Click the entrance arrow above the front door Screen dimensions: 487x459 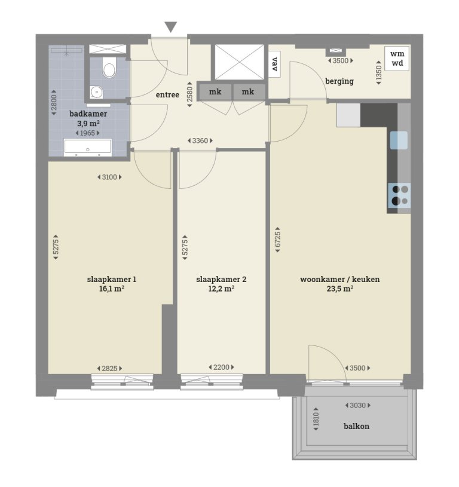[x=171, y=27]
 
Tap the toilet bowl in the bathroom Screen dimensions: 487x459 [x=109, y=70]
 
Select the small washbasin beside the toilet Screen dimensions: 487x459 [x=96, y=92]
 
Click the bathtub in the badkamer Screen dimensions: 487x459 [x=88, y=147]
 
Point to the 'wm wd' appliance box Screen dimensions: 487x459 [x=397, y=58]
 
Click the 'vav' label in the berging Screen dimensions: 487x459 [x=275, y=63]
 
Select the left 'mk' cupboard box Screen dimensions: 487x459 [x=215, y=91]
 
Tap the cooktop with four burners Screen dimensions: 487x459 [x=399, y=195]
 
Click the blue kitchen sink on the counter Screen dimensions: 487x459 [x=399, y=140]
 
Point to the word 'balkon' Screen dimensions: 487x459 [x=356, y=426]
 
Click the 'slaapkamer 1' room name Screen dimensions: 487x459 [x=112, y=279]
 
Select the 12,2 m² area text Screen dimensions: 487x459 [x=221, y=289]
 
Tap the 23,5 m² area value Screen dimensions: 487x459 [x=340, y=289]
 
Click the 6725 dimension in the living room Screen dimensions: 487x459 [x=278, y=239]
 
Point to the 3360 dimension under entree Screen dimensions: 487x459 [x=200, y=141]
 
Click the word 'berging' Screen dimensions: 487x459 [x=339, y=81]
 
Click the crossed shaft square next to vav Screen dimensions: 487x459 [x=238, y=62]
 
